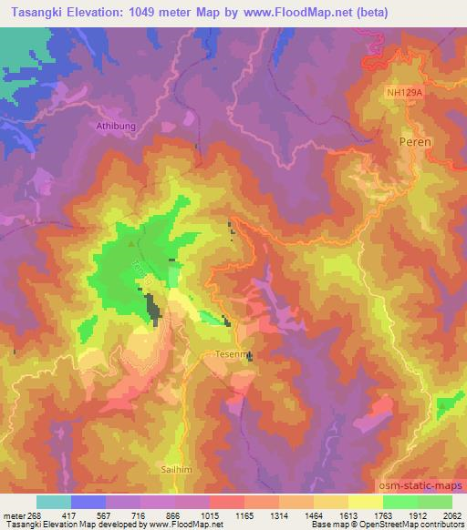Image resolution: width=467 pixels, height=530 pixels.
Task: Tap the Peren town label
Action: coord(415,143)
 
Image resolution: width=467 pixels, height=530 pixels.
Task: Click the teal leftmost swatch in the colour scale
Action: coord(54,501)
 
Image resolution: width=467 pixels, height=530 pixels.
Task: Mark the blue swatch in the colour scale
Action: coord(88,501)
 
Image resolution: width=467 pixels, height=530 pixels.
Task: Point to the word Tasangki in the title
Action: coord(34,12)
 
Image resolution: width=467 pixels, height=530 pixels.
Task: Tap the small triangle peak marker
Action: coord(133,243)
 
